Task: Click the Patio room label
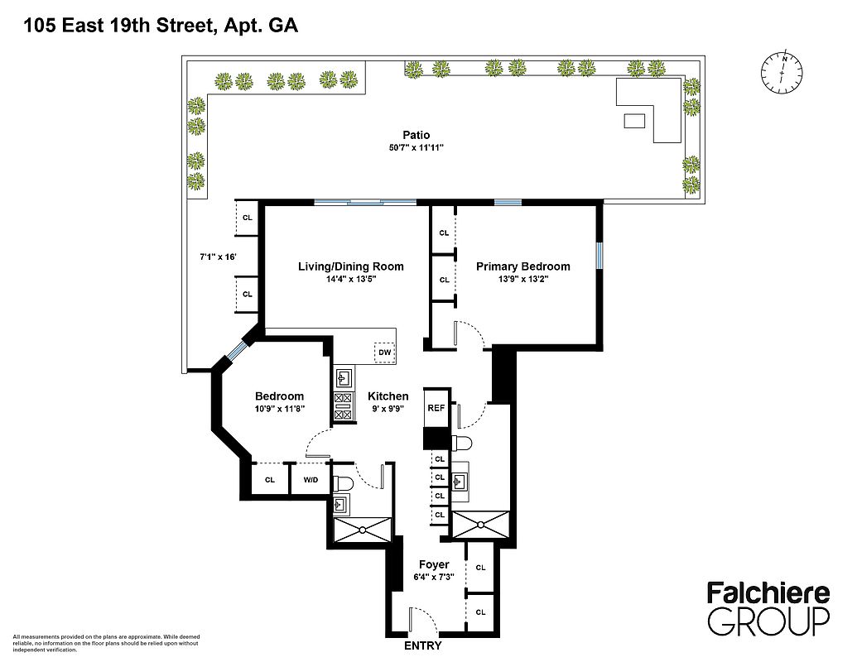pos(416,135)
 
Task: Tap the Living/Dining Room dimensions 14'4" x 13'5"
pos(350,279)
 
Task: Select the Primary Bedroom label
pos(523,266)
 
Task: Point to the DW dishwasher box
pos(385,353)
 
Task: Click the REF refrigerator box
pos(436,407)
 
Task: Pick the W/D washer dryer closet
pos(311,480)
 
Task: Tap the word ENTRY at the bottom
pos(422,646)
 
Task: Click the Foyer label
pos(434,565)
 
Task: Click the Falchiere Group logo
pos(768,609)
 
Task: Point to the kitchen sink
pos(344,377)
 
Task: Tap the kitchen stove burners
pos(344,407)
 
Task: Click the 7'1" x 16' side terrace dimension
pos(218,257)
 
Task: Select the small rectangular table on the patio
pos(634,121)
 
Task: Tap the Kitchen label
pos(388,396)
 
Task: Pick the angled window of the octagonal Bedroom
pos(235,351)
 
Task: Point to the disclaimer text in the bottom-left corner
pos(106,644)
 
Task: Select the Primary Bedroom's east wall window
pos(599,256)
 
